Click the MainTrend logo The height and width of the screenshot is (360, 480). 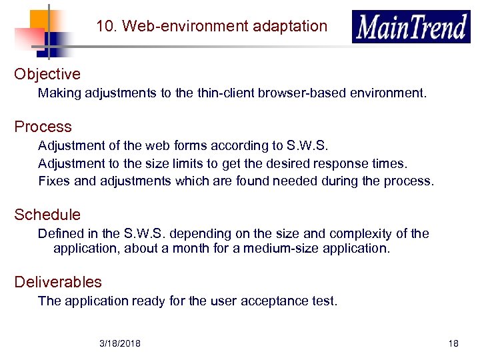pos(411,27)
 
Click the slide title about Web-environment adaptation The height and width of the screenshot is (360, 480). pos(211,27)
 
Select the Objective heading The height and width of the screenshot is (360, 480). pos(47,74)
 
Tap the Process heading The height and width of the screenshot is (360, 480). pos(43,127)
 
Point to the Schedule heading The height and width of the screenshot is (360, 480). pos(47,215)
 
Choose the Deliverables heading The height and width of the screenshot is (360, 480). pos(58,282)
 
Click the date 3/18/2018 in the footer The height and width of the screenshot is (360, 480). pos(120,343)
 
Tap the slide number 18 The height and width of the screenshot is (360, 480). pos(453,343)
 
